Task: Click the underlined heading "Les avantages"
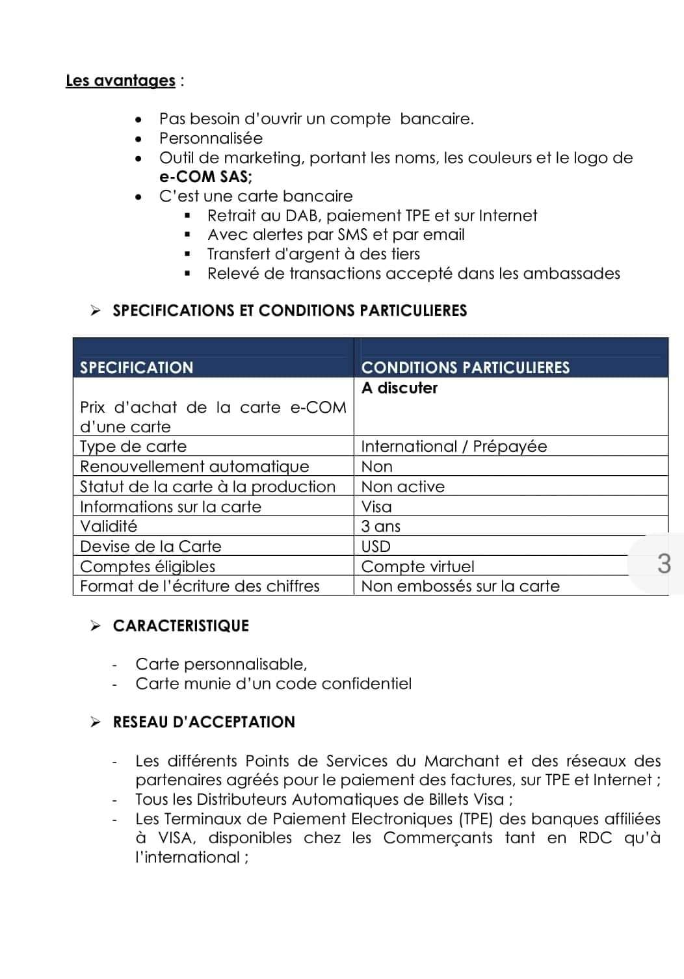[x=120, y=81]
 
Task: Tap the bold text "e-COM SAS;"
[x=205, y=177]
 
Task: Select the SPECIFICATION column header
[x=137, y=367]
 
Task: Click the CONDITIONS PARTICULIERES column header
[x=465, y=367]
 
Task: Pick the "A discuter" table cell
[x=399, y=388]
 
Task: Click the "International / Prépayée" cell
[x=454, y=447]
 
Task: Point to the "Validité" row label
[x=109, y=526]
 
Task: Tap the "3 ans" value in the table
[x=381, y=526]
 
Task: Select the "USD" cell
[x=376, y=546]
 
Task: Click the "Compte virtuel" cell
[x=417, y=566]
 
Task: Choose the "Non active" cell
[x=403, y=486]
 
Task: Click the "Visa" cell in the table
[x=376, y=506]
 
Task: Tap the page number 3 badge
[x=663, y=563]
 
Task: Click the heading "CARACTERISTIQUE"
[x=181, y=626]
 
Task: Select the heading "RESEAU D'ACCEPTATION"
[x=204, y=722]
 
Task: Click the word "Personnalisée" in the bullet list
[x=211, y=138]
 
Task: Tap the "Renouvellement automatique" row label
[x=194, y=467]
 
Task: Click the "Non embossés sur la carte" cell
[x=460, y=586]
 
